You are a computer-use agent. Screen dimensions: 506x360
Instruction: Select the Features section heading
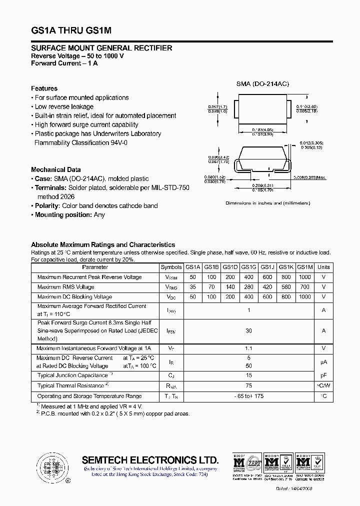[44, 88]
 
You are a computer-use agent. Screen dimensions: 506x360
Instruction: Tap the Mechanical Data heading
[55, 169]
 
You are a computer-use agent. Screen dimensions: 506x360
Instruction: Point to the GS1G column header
[248, 267]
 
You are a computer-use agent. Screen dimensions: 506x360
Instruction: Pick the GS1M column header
[304, 267]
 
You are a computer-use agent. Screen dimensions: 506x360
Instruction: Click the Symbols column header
[171, 267]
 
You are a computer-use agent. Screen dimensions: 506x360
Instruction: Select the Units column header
[323, 267]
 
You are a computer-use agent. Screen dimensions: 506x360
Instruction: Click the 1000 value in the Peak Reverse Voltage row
[304, 277]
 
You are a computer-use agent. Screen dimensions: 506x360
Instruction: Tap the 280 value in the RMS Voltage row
[248, 287]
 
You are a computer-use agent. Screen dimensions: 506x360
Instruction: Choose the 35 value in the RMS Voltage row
[192, 287]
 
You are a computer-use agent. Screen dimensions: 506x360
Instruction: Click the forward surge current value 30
[248, 330]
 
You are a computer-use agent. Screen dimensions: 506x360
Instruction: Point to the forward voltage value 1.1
[248, 348]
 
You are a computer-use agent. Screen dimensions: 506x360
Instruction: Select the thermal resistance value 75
[248, 385]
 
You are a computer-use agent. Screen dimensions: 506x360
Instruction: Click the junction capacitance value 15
[248, 375]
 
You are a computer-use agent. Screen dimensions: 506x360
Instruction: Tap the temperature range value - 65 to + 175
[248, 396]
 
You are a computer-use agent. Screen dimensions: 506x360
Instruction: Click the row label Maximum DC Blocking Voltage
[74, 297]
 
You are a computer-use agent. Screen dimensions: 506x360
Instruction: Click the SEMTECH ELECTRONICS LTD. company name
[150, 460]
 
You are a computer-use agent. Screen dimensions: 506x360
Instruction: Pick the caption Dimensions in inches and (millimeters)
[267, 203]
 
